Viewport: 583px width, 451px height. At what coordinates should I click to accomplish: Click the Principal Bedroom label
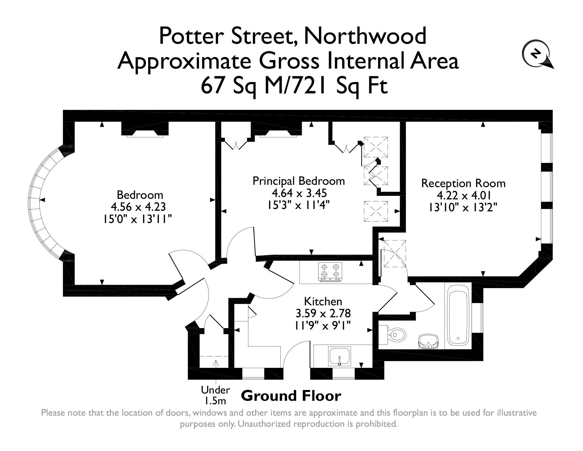[299, 181]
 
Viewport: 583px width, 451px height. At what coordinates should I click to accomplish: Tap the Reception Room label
[463, 183]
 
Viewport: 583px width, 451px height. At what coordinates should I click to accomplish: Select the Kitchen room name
[323, 302]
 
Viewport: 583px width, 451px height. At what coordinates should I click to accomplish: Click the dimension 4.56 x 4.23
[138, 207]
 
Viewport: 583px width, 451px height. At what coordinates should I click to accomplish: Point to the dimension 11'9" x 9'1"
[323, 325]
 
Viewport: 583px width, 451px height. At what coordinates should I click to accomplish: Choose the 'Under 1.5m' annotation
[215, 395]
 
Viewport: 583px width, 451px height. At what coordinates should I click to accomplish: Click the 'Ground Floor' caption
[291, 396]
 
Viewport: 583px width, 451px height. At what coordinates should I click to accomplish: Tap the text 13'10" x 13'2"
[463, 208]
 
